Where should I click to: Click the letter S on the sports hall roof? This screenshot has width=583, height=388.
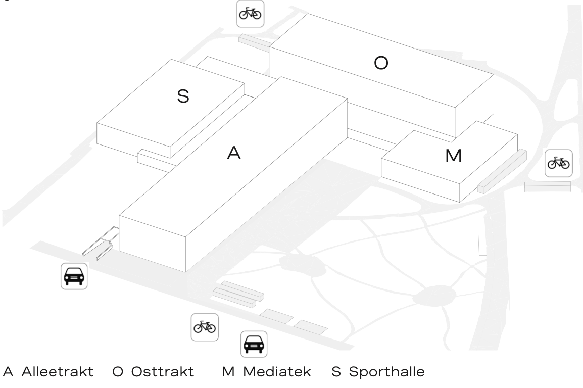click(x=183, y=96)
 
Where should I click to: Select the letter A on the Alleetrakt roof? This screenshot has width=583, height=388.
click(x=233, y=154)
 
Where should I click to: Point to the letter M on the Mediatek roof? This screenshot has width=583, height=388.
click(x=453, y=156)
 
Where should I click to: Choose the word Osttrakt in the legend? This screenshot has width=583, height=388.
click(x=163, y=373)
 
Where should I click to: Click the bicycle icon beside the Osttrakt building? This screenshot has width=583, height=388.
click(x=250, y=14)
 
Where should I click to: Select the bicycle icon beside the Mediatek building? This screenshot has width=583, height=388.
click(x=559, y=163)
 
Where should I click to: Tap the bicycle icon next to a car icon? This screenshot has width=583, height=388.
click(x=205, y=327)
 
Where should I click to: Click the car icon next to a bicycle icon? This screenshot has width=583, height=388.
click(x=253, y=344)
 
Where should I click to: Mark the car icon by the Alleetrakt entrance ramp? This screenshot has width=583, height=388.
click(x=74, y=276)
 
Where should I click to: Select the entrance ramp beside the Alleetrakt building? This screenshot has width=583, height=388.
click(x=101, y=243)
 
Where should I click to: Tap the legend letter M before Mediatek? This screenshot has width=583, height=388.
click(x=228, y=373)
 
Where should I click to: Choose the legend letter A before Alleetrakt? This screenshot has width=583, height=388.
click(x=8, y=373)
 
